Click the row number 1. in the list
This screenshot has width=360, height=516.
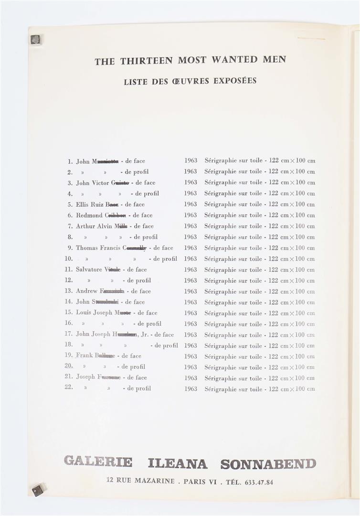[x=70, y=161]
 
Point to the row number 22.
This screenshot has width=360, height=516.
[x=69, y=387]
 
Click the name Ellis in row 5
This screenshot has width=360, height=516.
[x=83, y=204]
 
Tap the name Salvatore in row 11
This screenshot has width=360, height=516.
[x=89, y=269]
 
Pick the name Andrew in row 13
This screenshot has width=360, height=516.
[x=86, y=291]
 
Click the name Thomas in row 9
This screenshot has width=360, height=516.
[x=87, y=248]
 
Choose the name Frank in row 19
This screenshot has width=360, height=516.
[x=85, y=355]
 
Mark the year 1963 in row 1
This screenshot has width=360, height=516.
[x=191, y=161]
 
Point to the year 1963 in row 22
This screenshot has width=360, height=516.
[x=191, y=389]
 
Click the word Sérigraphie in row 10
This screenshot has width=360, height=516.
[x=220, y=259]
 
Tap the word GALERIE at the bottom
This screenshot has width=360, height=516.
[x=98, y=462]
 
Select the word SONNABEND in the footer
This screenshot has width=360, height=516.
[x=268, y=463]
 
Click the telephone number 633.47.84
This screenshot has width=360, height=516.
[x=259, y=482]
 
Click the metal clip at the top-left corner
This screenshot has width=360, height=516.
[x=35, y=40]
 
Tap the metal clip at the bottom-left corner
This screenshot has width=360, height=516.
[x=37, y=490]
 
